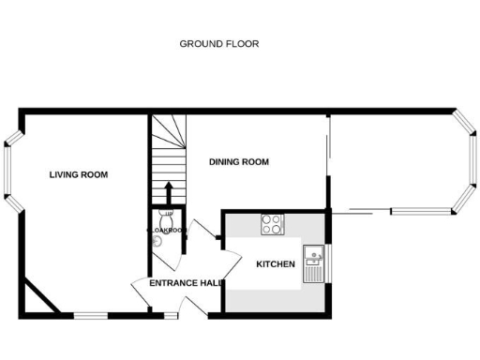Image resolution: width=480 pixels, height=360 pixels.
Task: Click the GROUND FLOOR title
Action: (218, 43)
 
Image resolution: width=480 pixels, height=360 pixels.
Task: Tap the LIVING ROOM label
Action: (79, 174)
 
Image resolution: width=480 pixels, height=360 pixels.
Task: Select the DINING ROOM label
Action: (239, 162)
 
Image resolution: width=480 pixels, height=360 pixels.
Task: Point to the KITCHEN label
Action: (276, 264)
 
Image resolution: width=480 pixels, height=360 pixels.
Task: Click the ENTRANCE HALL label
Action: (184, 283)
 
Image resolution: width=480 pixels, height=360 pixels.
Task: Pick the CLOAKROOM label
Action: (164, 230)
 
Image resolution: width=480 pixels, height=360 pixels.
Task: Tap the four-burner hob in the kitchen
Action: (273, 224)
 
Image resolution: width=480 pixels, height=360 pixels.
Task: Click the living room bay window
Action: (12, 175)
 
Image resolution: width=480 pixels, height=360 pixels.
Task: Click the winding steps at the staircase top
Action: (168, 131)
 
